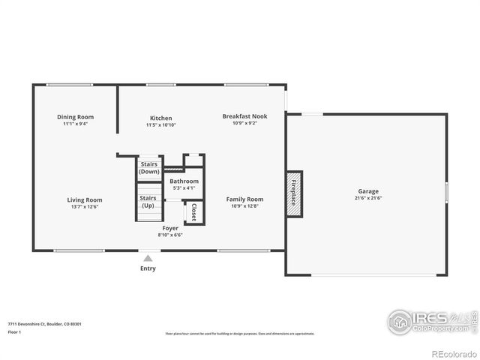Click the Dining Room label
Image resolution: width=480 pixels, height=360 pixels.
(x=75, y=117)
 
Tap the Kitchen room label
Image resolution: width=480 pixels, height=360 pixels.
(x=160, y=118)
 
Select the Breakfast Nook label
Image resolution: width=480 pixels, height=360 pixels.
(x=244, y=116)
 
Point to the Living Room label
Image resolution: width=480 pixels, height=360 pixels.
(x=85, y=199)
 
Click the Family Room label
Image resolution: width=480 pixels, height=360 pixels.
(x=244, y=199)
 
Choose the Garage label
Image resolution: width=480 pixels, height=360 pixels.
(x=367, y=191)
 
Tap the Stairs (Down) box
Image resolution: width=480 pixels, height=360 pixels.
(x=148, y=168)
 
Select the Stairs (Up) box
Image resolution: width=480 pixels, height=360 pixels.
(x=148, y=202)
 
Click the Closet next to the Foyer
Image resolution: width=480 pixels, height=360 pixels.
(x=194, y=213)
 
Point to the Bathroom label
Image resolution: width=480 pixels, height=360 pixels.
(x=184, y=181)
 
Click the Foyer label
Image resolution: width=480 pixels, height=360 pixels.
(x=170, y=228)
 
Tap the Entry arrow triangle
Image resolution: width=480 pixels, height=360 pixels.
(x=148, y=258)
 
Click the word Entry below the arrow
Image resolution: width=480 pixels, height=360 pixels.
(x=148, y=268)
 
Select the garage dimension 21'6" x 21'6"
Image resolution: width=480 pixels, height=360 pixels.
(x=367, y=199)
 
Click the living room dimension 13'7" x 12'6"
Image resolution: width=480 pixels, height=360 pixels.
(x=85, y=206)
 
